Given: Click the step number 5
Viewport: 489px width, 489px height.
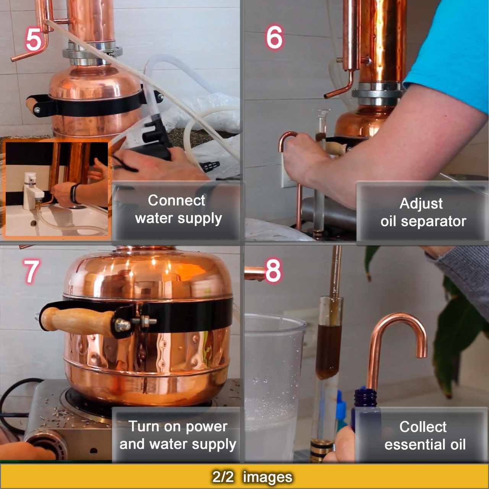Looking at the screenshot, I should (x=34, y=39).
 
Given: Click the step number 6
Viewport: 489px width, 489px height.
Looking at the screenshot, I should (x=274, y=37).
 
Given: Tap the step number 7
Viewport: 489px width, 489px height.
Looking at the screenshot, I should (x=31, y=271).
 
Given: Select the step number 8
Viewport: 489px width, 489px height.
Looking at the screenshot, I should (x=273, y=270).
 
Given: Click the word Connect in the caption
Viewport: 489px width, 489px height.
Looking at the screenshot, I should (x=176, y=201).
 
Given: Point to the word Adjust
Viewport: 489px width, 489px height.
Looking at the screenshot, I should (x=421, y=204).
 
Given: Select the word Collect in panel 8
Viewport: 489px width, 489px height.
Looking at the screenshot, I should (x=423, y=427).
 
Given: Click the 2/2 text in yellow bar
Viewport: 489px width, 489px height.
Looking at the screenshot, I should (x=222, y=476).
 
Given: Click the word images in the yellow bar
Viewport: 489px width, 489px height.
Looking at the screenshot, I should (x=267, y=477).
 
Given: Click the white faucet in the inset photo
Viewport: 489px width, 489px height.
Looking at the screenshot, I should (x=31, y=189).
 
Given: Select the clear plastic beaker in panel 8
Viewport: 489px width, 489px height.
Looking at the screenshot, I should (x=273, y=382).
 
